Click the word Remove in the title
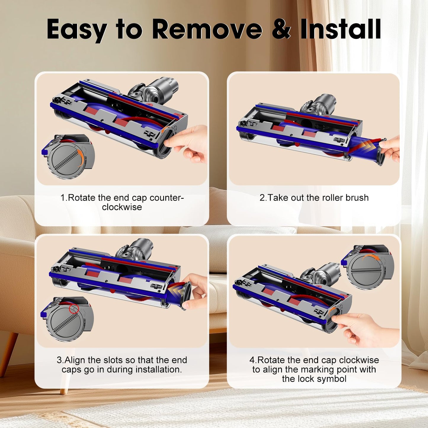[x=207, y=29]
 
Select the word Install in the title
[x=340, y=29]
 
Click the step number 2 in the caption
[x=262, y=198]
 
